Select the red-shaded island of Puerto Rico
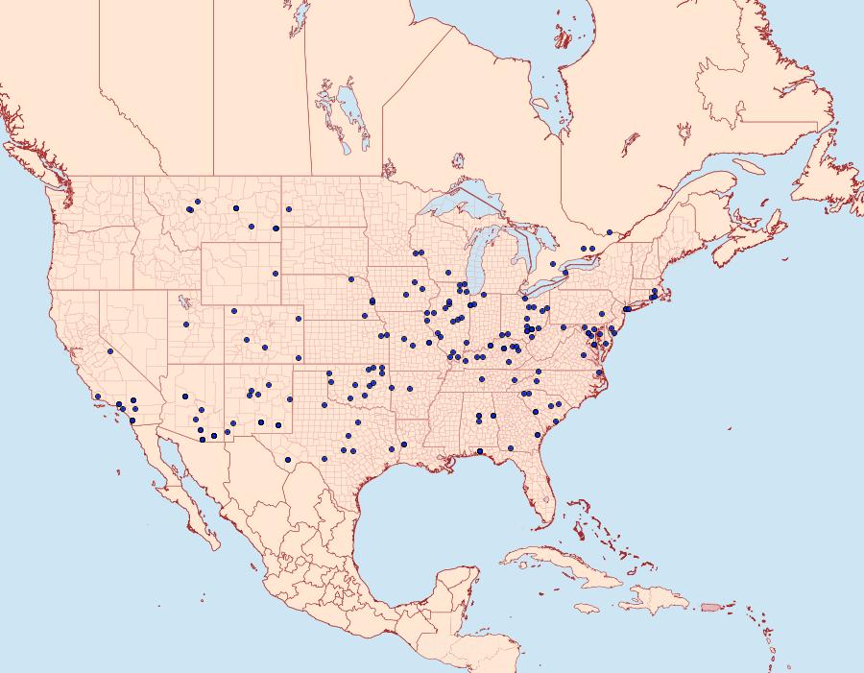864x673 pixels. click(x=711, y=606)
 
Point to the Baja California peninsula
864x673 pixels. click(x=182, y=480)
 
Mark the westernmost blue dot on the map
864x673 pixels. click(x=98, y=396)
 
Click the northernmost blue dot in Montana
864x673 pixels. click(x=196, y=202)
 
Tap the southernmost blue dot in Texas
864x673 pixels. click(x=325, y=458)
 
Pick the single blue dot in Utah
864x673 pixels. click(x=186, y=324)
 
